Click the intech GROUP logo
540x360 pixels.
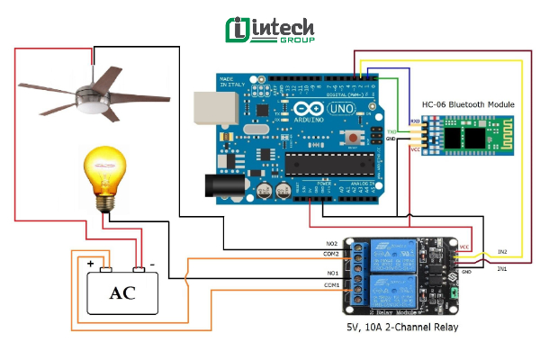(270, 30)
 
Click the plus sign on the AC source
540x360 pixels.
(91, 264)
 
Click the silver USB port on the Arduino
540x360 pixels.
(215, 106)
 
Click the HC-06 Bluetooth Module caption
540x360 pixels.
(459, 105)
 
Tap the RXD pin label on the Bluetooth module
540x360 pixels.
(415, 120)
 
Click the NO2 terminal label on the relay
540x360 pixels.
(331, 244)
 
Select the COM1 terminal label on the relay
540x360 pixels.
(331, 285)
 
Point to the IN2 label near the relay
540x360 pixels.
(502, 251)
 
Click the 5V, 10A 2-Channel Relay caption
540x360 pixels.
(402, 327)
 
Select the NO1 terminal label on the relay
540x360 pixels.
(331, 272)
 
